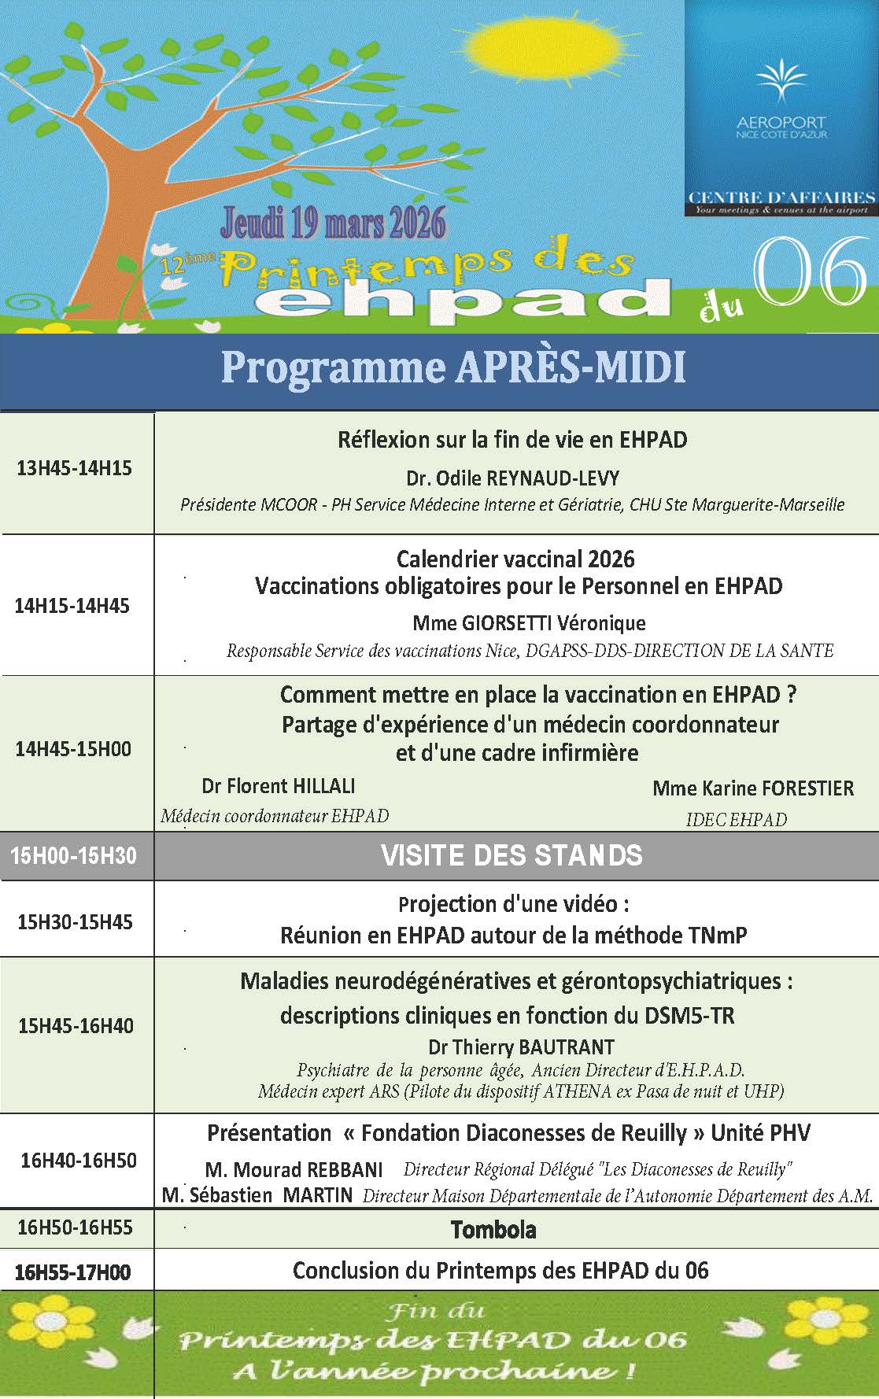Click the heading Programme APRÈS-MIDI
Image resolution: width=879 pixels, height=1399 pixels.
coord(452,368)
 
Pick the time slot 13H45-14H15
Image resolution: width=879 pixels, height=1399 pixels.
coord(74,469)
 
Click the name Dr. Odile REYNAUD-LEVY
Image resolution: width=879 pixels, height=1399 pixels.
coord(512,478)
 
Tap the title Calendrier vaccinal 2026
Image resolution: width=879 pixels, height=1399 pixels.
coord(515,559)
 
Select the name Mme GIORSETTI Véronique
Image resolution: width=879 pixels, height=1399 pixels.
coord(529,623)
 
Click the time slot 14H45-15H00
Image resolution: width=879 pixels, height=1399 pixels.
coord(73,748)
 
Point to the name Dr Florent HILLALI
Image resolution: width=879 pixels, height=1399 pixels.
coord(279,785)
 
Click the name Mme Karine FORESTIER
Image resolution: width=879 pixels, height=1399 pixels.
coord(752,788)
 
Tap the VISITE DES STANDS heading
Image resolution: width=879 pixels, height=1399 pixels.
coord(512,856)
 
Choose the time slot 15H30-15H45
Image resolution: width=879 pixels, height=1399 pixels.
coord(75,922)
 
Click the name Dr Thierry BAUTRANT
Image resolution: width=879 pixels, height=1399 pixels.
coord(521,1047)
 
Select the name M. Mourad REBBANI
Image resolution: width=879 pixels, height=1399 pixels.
coord(294,1169)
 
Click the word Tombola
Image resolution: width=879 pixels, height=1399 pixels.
coord(493,1229)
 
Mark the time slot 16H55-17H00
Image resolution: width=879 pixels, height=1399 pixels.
coord(73,1273)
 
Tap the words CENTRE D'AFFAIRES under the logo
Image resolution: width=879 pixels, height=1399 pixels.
coord(781,197)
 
